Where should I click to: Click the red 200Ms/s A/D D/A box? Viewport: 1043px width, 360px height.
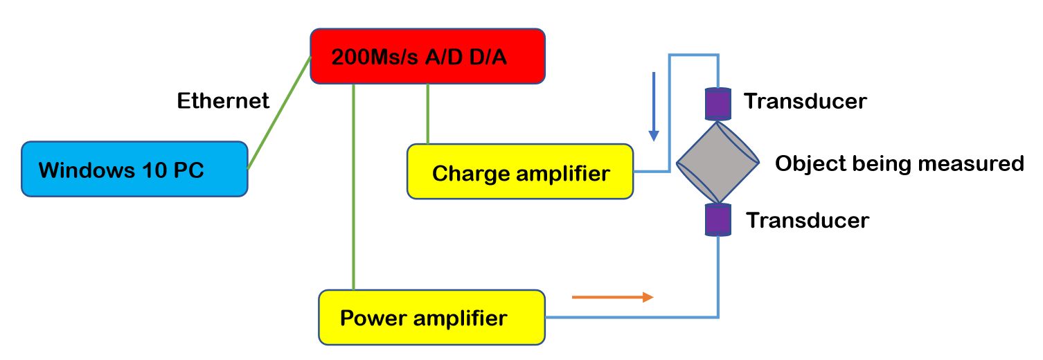click(x=427, y=55)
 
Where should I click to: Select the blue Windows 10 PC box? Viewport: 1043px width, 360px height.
click(x=134, y=169)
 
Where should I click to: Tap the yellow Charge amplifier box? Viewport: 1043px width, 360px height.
click(x=519, y=172)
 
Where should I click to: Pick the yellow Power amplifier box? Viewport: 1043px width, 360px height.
click(x=431, y=317)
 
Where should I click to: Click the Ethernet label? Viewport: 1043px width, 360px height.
click(x=223, y=101)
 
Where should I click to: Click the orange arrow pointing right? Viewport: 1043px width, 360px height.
click(x=612, y=297)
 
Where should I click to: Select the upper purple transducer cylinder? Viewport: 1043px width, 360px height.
click(x=718, y=104)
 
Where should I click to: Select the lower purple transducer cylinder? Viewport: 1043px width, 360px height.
click(x=718, y=220)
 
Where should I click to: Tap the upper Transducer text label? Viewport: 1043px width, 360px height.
click(x=805, y=102)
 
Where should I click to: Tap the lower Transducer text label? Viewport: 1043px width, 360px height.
click(x=807, y=220)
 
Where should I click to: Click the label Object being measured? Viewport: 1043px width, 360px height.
click(x=898, y=164)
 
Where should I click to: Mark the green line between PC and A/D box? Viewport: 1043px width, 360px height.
click(x=279, y=112)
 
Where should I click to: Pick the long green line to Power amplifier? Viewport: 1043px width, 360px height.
click(x=354, y=187)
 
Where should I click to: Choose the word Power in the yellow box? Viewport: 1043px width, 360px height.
click(x=375, y=318)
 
